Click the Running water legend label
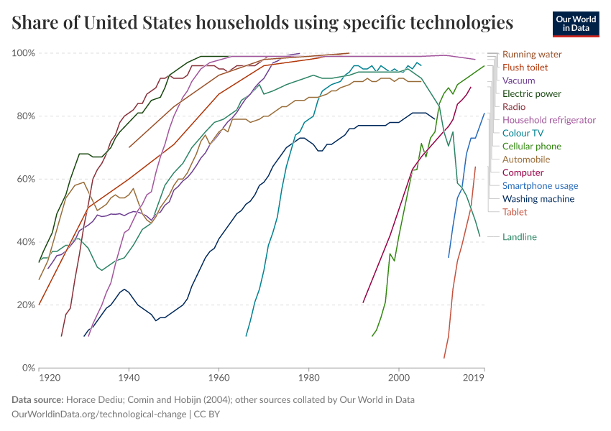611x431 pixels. [532, 55]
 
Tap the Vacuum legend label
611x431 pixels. [518, 80]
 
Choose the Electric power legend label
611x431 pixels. [532, 94]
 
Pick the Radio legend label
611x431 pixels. [514, 107]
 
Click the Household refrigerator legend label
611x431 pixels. [549, 120]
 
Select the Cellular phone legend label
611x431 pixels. [532, 147]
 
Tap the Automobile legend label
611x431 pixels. [526, 159]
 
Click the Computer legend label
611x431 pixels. [523, 172]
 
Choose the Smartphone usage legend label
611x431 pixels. [540, 186]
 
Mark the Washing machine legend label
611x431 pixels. [538, 199]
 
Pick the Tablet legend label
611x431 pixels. [515, 212]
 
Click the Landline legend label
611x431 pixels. [520, 237]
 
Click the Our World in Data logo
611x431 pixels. [576, 24]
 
